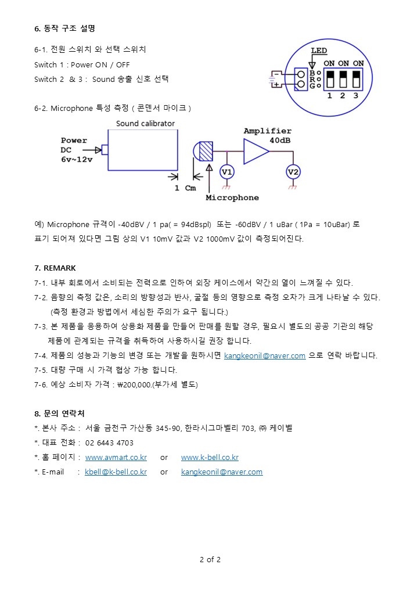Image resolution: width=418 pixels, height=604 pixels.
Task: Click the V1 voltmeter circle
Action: pos(226,172)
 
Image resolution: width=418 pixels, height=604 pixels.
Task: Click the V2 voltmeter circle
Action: pos(293,172)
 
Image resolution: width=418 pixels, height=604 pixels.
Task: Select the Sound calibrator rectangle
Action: pos(143,150)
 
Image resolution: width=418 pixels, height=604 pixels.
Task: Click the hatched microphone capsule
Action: pos(206,151)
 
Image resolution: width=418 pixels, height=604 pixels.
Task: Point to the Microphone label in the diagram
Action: pos(232,197)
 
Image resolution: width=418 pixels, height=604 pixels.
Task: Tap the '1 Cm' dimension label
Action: pos(186,188)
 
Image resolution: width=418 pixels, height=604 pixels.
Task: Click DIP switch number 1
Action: pos(329,79)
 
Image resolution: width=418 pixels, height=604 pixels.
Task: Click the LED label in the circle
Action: pos(319,51)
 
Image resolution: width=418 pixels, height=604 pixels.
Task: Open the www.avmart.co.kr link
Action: pos(116,457)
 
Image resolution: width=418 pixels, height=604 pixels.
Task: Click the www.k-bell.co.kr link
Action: pos(210,457)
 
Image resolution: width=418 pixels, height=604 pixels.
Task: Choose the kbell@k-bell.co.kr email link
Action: pos(116,472)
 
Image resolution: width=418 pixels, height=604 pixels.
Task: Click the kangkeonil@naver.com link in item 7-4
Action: pos(265,355)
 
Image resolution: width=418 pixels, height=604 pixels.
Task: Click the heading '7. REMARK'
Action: pos(55,268)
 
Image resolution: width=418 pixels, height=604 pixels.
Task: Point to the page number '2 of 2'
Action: pos(210,560)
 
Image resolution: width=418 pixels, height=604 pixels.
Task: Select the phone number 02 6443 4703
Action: pos(109,443)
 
